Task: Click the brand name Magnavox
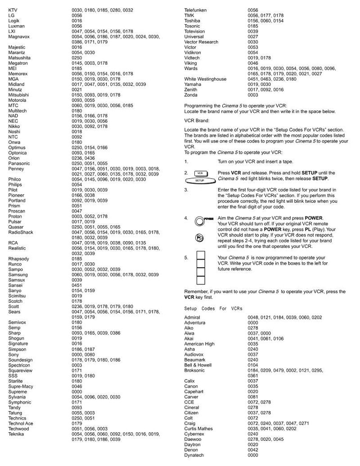point(18,36)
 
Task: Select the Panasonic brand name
point(19,163)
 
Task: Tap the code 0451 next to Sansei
point(77,285)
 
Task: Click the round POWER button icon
point(199,221)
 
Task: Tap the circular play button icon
point(199,237)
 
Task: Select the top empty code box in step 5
point(200,261)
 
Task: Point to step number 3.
point(186,190)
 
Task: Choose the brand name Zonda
point(191,95)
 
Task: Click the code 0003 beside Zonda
point(253,95)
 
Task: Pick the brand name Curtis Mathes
point(198,429)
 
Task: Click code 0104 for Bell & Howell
point(253,365)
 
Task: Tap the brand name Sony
point(13,354)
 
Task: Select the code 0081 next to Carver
point(253,397)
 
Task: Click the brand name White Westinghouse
point(205,79)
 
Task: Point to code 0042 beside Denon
point(253,450)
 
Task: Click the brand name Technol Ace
point(21,423)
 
